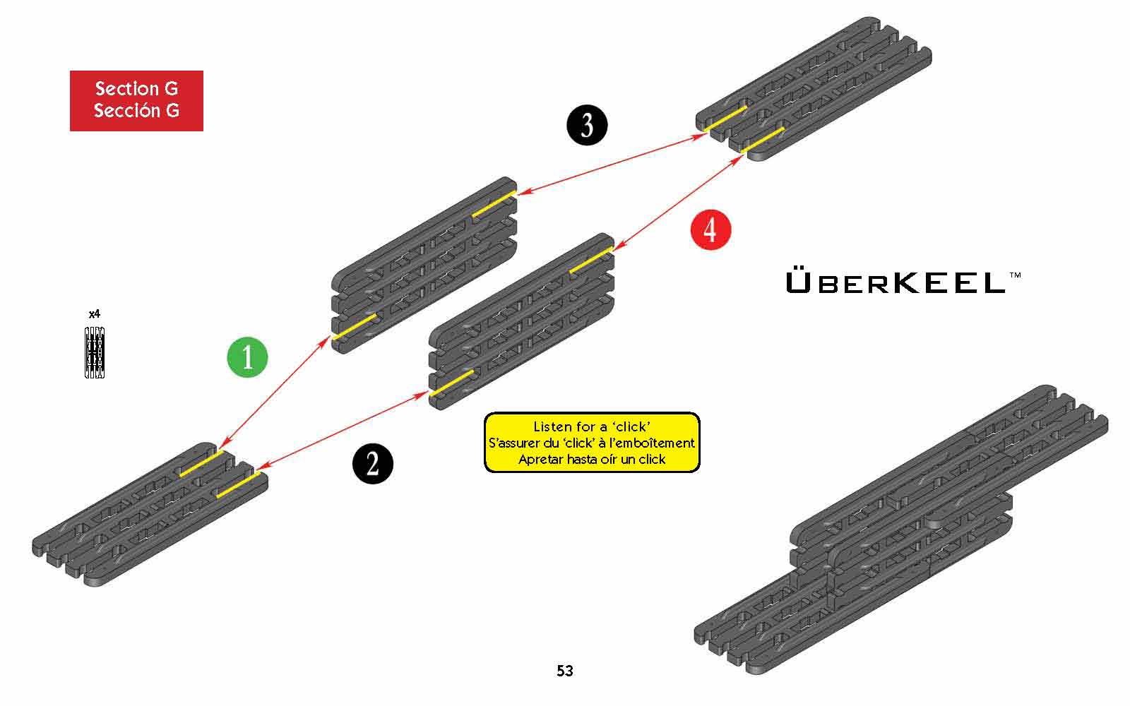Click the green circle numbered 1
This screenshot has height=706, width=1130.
point(247,357)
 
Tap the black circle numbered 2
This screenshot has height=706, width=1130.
point(372,463)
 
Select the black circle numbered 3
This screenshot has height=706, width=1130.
point(587,126)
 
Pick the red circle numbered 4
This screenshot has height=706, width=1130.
point(710,229)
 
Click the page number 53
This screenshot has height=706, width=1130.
point(564,671)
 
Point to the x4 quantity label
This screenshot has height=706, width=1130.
point(95,314)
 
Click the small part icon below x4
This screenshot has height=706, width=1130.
point(95,352)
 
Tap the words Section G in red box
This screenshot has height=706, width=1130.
point(136,89)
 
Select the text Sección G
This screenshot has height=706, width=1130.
point(136,111)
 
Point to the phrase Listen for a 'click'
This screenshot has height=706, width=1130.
point(591,426)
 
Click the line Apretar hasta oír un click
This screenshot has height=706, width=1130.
point(591,459)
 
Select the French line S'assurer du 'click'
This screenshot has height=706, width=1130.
point(591,443)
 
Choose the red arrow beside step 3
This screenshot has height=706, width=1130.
point(607,164)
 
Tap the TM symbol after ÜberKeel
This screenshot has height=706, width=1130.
point(1015,274)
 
